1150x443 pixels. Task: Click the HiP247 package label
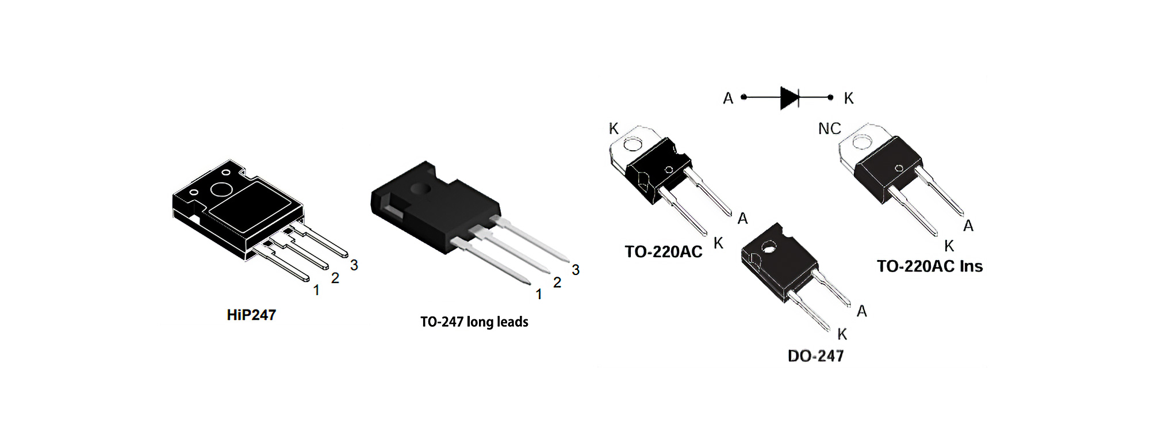(x=251, y=315)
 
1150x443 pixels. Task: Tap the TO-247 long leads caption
(x=474, y=322)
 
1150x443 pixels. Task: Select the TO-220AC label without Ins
(x=664, y=252)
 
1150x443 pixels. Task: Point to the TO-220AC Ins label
(x=930, y=266)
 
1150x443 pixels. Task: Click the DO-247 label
(x=815, y=356)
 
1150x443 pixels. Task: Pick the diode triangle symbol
(x=789, y=98)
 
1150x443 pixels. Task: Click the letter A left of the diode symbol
(x=728, y=99)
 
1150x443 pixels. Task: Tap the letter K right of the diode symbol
(x=849, y=99)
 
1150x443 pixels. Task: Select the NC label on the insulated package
(x=829, y=129)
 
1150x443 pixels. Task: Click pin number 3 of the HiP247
(x=354, y=265)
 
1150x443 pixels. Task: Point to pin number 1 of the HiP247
(x=316, y=291)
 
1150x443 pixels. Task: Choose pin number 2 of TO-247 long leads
(x=557, y=282)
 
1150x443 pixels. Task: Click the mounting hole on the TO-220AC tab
(x=632, y=144)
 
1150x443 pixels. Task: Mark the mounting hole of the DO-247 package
(x=769, y=248)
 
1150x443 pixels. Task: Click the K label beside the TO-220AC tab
(x=614, y=129)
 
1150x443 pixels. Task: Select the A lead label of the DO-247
(x=861, y=311)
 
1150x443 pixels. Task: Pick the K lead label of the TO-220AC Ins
(x=949, y=246)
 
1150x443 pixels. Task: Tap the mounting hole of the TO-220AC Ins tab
(x=862, y=142)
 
